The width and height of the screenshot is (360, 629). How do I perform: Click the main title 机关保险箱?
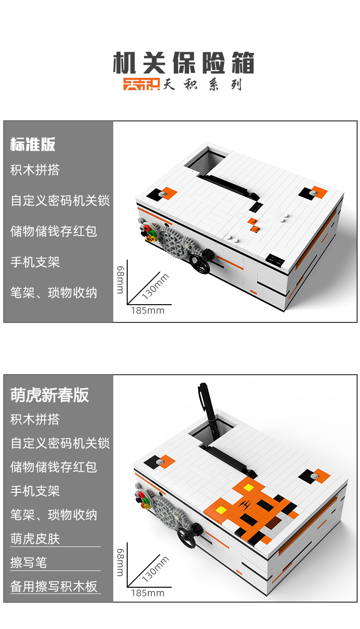(x=183, y=63)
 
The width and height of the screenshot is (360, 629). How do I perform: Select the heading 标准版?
(x=33, y=144)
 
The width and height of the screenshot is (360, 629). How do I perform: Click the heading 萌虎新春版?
(x=49, y=395)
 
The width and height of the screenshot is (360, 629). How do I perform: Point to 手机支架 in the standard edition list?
(x=35, y=262)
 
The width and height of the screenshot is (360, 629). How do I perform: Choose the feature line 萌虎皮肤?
(x=35, y=538)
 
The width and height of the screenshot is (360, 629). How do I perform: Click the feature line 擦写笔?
(x=29, y=562)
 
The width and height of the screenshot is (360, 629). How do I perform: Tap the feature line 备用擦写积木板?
(x=54, y=586)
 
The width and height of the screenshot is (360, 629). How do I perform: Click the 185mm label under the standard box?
(x=147, y=310)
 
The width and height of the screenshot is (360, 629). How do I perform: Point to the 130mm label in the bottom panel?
(x=156, y=569)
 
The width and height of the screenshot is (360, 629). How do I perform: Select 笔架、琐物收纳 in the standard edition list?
(x=54, y=293)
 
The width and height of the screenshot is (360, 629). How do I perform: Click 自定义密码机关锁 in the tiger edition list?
(x=60, y=443)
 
